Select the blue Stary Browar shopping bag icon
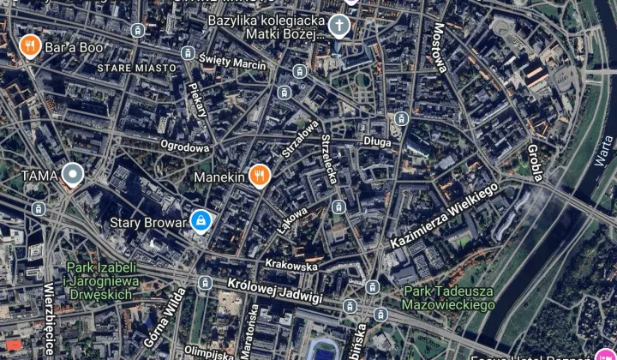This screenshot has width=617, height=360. tap(201, 222)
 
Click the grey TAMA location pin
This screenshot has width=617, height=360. tap(73, 175)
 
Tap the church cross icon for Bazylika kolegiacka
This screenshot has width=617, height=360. tap(339, 26)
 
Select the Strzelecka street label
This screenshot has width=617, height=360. tap(328, 161)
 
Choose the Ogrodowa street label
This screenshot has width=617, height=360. tap(185, 147)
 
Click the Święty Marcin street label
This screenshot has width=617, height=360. tap(232, 62)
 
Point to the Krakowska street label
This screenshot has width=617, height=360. tap(291, 266)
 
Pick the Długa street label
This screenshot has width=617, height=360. tap(377, 141)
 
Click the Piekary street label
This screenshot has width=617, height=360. tap(198, 99)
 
